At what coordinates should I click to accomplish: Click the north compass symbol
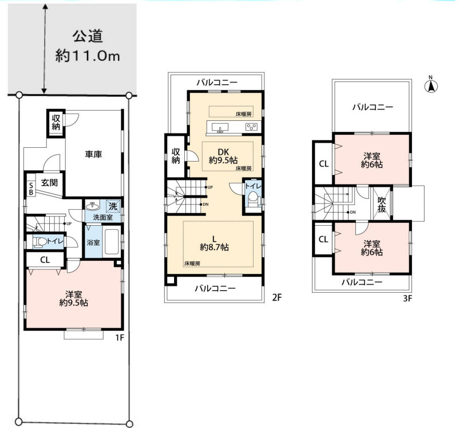431,85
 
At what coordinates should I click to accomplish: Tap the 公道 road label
88,36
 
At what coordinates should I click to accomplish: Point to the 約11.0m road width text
88,56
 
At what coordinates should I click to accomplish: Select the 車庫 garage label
94,154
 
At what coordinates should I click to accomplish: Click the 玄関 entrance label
49,183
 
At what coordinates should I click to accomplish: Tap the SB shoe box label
31,189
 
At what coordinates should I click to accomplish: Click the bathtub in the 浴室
111,242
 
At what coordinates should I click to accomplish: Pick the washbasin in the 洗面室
93,206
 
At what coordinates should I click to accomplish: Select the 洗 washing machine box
113,206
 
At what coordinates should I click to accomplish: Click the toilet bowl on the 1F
40,242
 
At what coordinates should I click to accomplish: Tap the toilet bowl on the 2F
253,200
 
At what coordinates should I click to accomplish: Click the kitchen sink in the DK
220,128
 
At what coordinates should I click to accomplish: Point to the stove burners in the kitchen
251,127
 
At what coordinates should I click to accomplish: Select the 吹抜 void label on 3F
382,205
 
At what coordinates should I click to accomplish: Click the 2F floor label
277,297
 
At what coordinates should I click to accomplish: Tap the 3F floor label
407,299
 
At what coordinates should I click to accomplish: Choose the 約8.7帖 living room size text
214,248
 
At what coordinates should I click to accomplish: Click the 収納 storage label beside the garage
56,122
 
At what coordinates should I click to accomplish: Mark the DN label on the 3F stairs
353,212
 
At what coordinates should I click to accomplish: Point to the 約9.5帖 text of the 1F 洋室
74,303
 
